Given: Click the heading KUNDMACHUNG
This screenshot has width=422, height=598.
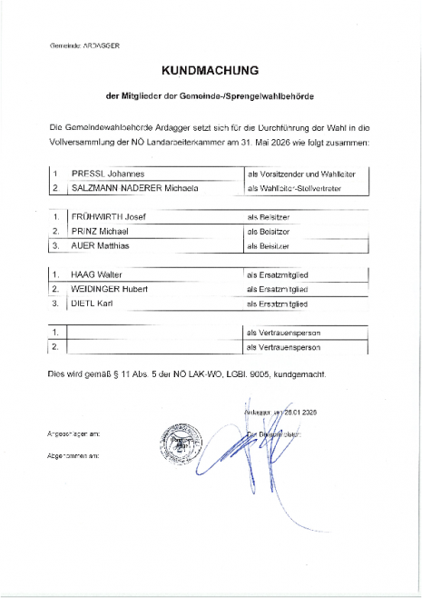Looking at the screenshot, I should (x=210, y=69).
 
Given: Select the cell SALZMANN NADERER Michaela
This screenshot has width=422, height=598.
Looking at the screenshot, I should (x=128, y=188).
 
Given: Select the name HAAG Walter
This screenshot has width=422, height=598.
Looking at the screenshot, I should (x=90, y=274).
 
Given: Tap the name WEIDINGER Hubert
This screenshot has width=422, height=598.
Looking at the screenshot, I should (x=103, y=288).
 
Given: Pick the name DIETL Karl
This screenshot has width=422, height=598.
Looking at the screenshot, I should (x=88, y=303).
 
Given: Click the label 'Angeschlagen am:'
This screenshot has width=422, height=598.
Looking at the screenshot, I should (x=74, y=434).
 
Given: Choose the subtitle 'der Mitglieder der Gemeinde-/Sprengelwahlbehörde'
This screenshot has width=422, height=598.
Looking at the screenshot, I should (x=210, y=95).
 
